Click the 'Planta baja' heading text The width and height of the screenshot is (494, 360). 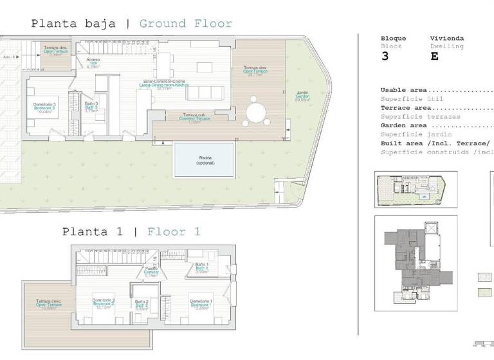73,24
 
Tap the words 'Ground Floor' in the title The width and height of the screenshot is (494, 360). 185,24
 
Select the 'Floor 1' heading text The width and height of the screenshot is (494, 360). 174,231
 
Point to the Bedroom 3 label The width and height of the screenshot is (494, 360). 45,107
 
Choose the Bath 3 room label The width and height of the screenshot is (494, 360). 91,107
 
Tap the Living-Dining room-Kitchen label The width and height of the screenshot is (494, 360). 164,85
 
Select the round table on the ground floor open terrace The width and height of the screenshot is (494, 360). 257,111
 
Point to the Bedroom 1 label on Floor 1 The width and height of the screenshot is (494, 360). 201,304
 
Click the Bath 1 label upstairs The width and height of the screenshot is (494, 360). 201,269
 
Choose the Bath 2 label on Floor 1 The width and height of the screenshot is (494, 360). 142,305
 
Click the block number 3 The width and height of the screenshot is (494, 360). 385,56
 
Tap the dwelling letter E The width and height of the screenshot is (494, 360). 434,56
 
